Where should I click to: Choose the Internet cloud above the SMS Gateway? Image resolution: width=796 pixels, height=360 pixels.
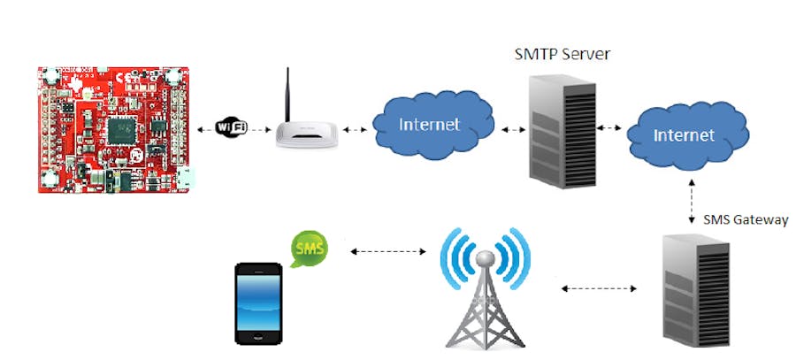(x=683, y=135)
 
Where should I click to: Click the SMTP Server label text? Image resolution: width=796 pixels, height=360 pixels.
(x=563, y=55)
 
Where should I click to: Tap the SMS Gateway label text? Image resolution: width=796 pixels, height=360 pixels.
(x=745, y=220)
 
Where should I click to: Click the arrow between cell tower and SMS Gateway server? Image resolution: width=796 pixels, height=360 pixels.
(x=599, y=288)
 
